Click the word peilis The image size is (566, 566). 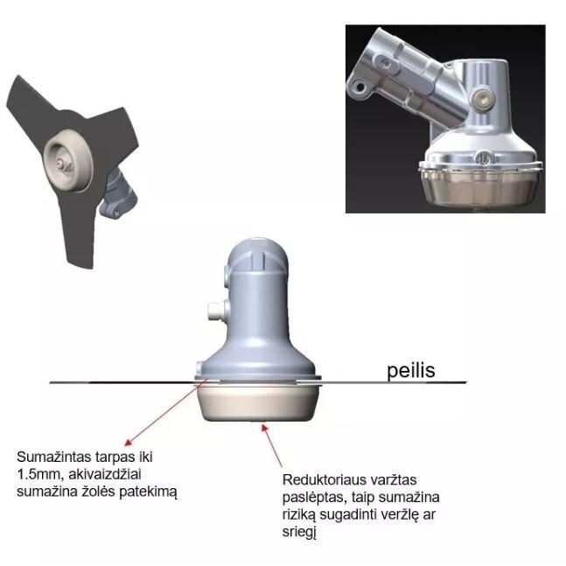(411, 371)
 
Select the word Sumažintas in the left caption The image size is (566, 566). (53, 457)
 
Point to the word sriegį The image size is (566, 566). (299, 533)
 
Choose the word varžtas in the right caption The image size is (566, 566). (394, 480)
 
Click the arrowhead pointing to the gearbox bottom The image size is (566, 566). (265, 428)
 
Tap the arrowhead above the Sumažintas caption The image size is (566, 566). (129, 442)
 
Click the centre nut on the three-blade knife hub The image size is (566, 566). (60, 164)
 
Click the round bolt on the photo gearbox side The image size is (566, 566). (482, 98)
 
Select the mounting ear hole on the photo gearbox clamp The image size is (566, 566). (360, 87)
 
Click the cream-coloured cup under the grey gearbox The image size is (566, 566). (258, 403)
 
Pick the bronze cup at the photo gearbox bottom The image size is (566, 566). (480, 188)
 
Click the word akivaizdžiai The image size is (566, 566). (105, 474)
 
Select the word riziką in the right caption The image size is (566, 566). (299, 515)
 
